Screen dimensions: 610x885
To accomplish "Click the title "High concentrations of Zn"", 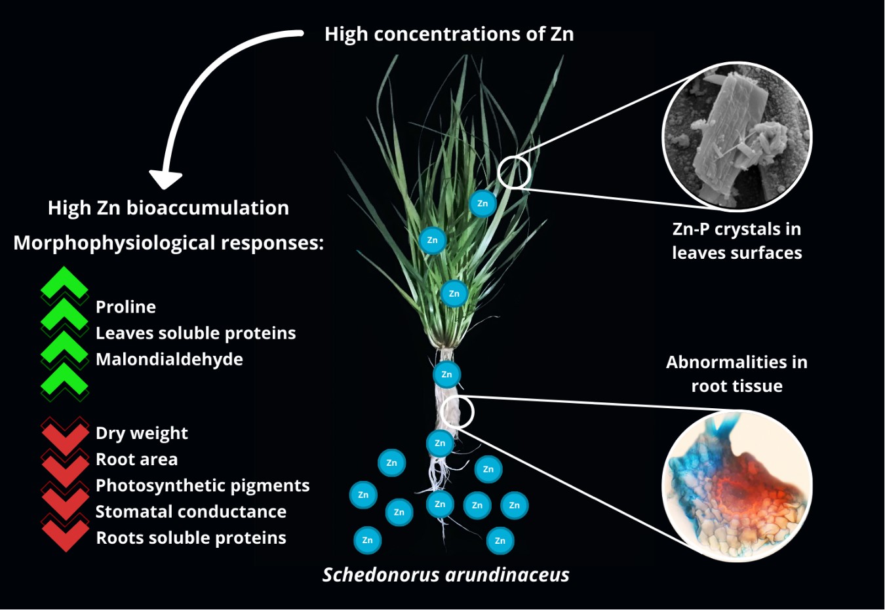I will (x=449, y=34).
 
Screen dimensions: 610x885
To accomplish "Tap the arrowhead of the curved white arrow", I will (x=165, y=179).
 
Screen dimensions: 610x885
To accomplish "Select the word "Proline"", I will (x=126, y=307).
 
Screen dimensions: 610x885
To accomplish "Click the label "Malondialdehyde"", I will (x=169, y=359).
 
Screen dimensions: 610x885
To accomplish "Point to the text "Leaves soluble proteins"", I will (x=195, y=333).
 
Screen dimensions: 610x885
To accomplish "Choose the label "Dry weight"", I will (x=142, y=433).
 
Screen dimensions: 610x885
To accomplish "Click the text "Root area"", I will (x=136, y=459).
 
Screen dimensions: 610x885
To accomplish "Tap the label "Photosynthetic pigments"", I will (x=203, y=486).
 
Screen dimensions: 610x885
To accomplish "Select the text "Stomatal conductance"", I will (x=191, y=512).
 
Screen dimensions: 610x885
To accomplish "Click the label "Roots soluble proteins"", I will (x=191, y=538).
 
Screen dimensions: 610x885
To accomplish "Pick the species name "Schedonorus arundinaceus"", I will (x=446, y=575).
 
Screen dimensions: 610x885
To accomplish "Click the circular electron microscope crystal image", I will (x=737, y=136).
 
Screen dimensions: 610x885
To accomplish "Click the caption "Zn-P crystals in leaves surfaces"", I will (x=737, y=241).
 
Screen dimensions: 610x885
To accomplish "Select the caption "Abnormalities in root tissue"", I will (x=737, y=373).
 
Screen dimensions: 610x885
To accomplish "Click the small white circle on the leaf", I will (x=514, y=172).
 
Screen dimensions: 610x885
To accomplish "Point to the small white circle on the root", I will (x=458, y=412).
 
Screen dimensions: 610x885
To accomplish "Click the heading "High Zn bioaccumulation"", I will (x=168, y=208).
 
